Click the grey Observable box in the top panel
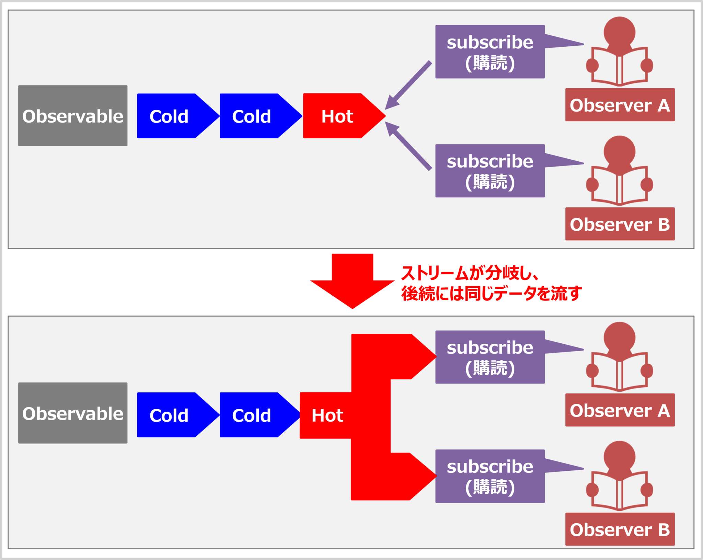(x=73, y=116)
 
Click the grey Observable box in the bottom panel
(x=73, y=413)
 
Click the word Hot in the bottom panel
(x=327, y=415)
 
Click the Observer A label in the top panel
(x=620, y=105)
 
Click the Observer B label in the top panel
(x=620, y=224)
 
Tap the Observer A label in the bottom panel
(x=620, y=410)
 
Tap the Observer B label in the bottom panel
(x=620, y=529)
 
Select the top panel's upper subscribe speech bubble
(x=490, y=52)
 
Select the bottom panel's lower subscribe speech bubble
(x=490, y=476)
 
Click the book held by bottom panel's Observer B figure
(x=619, y=491)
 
